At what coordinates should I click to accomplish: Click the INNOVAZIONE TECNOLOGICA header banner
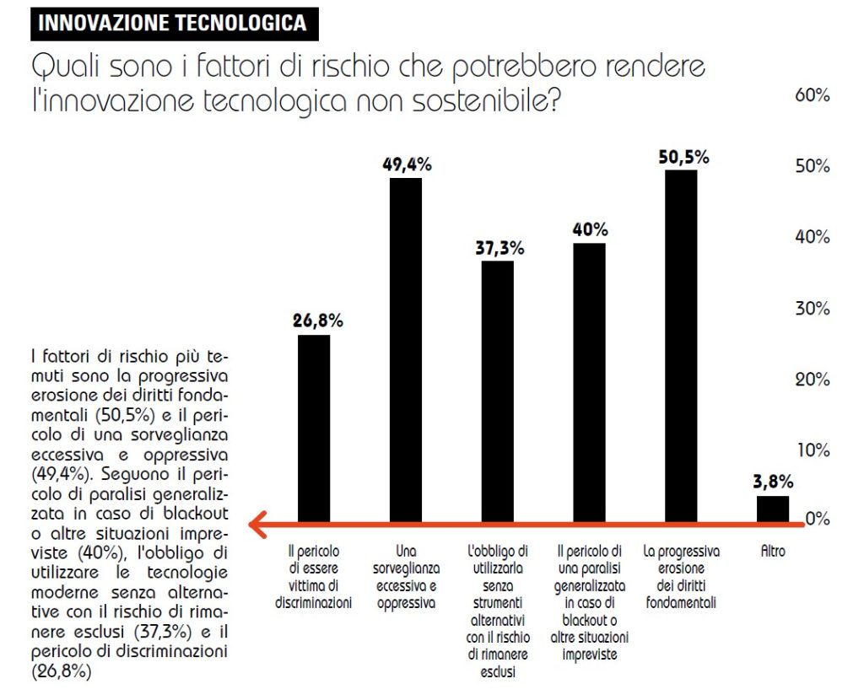pyautogui.click(x=174, y=23)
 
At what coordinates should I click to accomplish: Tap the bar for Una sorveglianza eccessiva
pyautogui.click(x=406, y=349)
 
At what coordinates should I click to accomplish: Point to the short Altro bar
pyautogui.click(x=772, y=509)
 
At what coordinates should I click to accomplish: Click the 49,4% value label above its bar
pyautogui.click(x=407, y=164)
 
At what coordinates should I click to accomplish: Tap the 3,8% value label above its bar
pyautogui.click(x=772, y=482)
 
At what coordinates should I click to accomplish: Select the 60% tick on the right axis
pyautogui.click(x=813, y=95)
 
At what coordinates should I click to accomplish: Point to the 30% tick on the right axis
pyautogui.click(x=813, y=308)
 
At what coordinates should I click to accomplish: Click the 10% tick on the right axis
pyautogui.click(x=813, y=449)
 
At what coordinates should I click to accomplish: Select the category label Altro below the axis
pyautogui.click(x=772, y=552)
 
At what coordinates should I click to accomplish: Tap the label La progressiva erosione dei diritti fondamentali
pyautogui.click(x=681, y=577)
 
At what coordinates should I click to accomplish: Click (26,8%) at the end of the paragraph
pyautogui.click(x=61, y=672)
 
